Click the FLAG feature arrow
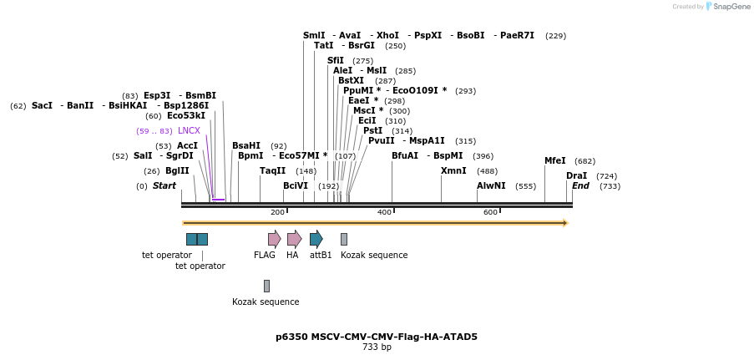[x=274, y=239]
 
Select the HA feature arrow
[x=294, y=239]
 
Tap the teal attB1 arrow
[x=316, y=239]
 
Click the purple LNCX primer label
[x=189, y=130]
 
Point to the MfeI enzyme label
[x=554, y=160]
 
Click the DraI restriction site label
[x=576, y=175]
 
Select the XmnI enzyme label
[x=453, y=170]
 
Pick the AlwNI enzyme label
[x=491, y=185]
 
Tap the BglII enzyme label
[x=177, y=170]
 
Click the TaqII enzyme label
[x=272, y=170]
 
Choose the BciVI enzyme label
[x=296, y=185]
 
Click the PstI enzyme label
[x=372, y=130]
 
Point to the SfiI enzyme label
[x=335, y=60]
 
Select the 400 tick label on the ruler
[x=384, y=212]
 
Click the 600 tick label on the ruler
[x=490, y=212]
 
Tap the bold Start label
[x=164, y=185]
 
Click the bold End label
[x=580, y=185]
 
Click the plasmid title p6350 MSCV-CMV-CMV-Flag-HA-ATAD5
[x=377, y=337]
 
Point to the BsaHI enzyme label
[x=246, y=145]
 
